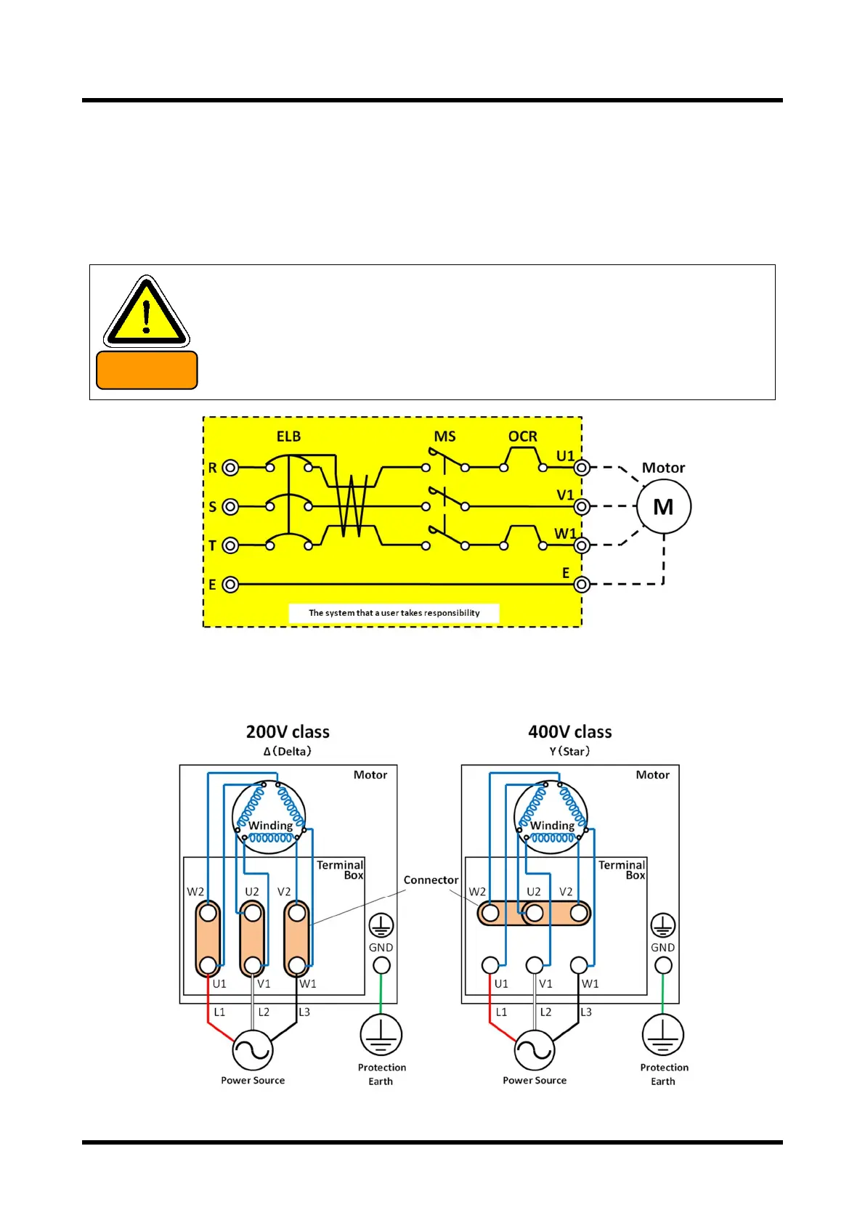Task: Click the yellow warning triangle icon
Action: click(147, 312)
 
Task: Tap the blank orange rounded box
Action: click(147, 370)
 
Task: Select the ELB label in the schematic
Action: click(288, 436)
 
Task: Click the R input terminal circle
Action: click(230, 468)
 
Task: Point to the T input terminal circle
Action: click(230, 545)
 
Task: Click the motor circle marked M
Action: click(663, 507)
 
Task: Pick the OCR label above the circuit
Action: click(522, 436)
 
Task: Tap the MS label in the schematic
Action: click(444, 436)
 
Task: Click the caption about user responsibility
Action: click(394, 613)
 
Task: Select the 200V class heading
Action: click(288, 731)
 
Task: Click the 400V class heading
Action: click(569, 731)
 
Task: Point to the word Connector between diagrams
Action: click(431, 879)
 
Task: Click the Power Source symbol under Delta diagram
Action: click(252, 1049)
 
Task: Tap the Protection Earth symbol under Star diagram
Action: click(662, 1035)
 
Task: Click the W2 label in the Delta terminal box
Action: click(195, 892)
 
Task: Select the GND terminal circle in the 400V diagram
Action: click(662, 965)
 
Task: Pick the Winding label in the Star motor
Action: click(552, 825)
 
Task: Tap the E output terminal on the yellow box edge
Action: click(581, 584)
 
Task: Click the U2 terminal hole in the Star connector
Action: click(535, 913)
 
